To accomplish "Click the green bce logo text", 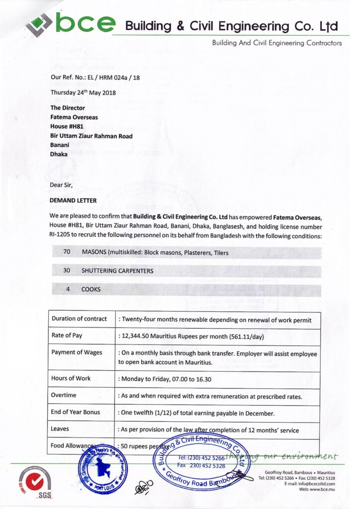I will point(86,23).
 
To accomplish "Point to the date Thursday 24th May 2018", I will point(83,92).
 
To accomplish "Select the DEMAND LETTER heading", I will point(73,200).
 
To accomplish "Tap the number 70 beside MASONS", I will point(67,252).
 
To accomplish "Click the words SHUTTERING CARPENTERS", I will point(117,271).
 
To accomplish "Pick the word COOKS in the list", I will point(91,289).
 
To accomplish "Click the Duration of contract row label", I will point(79,319).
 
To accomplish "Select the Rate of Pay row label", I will point(67,335).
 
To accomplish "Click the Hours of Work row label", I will point(71,378).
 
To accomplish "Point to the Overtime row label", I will point(64,395).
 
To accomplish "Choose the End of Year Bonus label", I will point(75,412).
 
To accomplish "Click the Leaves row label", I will point(60,428).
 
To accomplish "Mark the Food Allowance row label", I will point(72,446).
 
